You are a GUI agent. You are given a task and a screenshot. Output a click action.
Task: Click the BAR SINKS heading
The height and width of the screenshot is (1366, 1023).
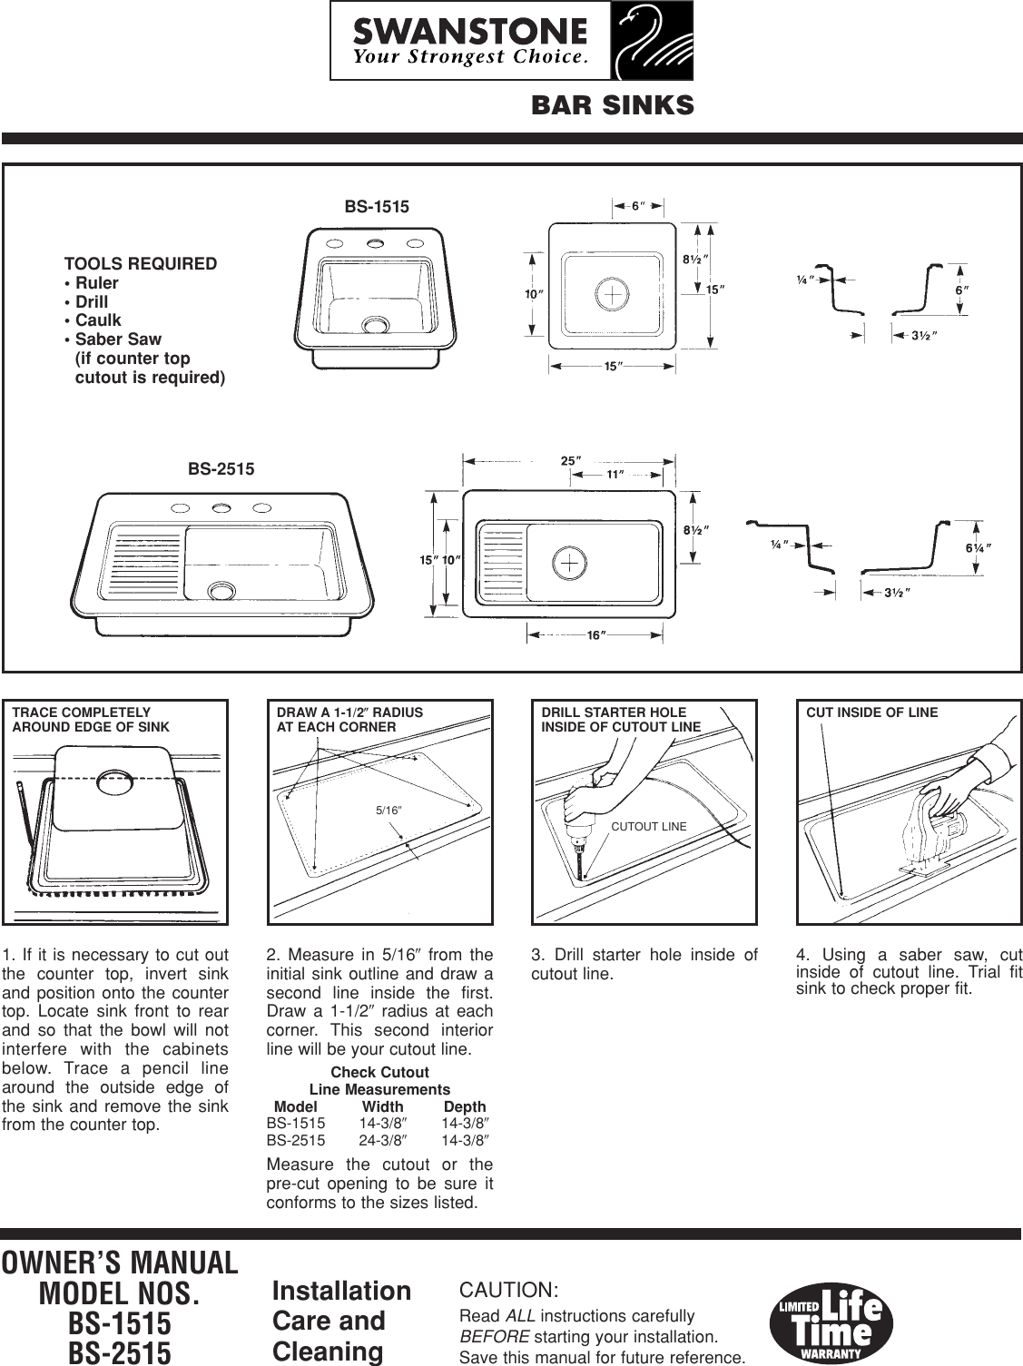612,106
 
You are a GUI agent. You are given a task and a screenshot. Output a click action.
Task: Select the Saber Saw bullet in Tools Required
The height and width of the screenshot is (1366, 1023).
117,339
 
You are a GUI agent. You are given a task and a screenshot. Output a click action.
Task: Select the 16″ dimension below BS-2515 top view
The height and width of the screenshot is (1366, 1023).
595,635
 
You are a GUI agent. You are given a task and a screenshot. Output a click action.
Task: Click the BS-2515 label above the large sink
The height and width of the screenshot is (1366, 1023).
221,469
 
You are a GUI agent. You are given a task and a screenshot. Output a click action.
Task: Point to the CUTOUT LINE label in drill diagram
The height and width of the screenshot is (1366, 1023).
648,826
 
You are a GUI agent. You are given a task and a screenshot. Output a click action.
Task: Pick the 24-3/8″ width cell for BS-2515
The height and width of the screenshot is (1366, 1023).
381,1141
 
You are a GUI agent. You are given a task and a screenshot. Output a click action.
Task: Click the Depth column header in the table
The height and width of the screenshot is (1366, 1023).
465,1106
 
